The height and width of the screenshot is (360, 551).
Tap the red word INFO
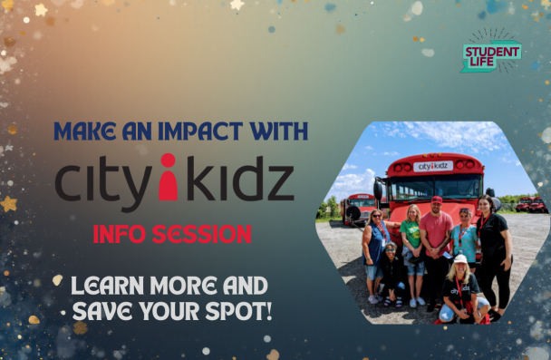pyautogui.click(x=123, y=235)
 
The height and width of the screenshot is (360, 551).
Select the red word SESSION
pyautogui.click(x=204, y=235)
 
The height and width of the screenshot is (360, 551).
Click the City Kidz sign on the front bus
pyautogui.click(x=432, y=166)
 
